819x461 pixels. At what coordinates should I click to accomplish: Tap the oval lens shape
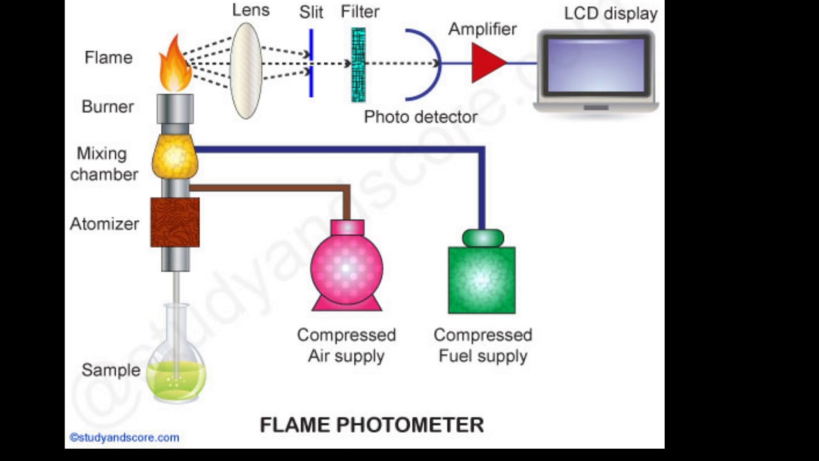coord(246,70)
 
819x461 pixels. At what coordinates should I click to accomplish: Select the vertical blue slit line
coord(311,63)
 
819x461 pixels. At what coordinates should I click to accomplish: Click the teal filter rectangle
coord(358,65)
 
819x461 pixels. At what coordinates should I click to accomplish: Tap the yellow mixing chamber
coord(175,157)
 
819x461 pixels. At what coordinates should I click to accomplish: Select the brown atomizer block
coord(175,222)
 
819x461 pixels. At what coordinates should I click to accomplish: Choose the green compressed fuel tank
coord(482,278)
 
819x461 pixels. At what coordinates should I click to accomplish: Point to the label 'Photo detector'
coord(420,117)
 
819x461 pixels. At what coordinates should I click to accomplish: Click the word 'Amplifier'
coord(482,29)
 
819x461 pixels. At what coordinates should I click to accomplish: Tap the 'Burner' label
coord(107,106)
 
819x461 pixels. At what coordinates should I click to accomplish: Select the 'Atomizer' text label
coord(104,224)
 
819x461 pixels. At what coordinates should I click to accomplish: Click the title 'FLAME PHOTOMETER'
coord(372,425)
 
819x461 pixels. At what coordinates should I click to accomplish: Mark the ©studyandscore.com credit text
coord(124,438)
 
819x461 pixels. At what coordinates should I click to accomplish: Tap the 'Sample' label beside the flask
coord(111,370)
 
